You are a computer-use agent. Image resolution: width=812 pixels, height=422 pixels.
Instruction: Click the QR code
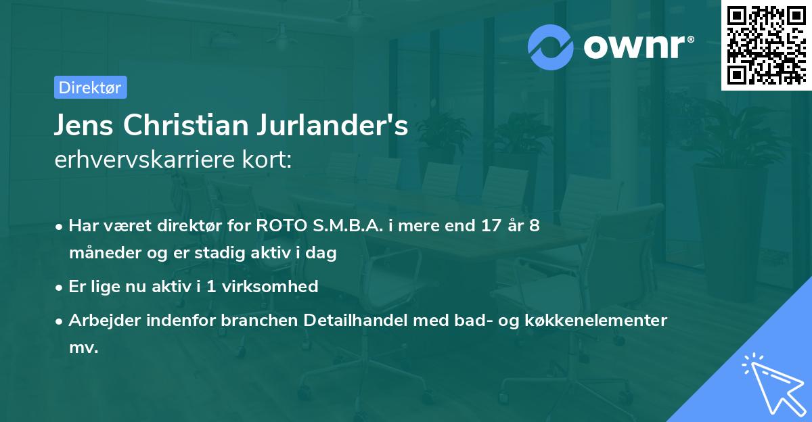tap(766, 45)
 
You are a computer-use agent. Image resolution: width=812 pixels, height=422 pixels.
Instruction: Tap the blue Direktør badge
tap(90, 87)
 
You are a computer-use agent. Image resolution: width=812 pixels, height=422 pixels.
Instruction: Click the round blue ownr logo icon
tap(551, 47)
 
